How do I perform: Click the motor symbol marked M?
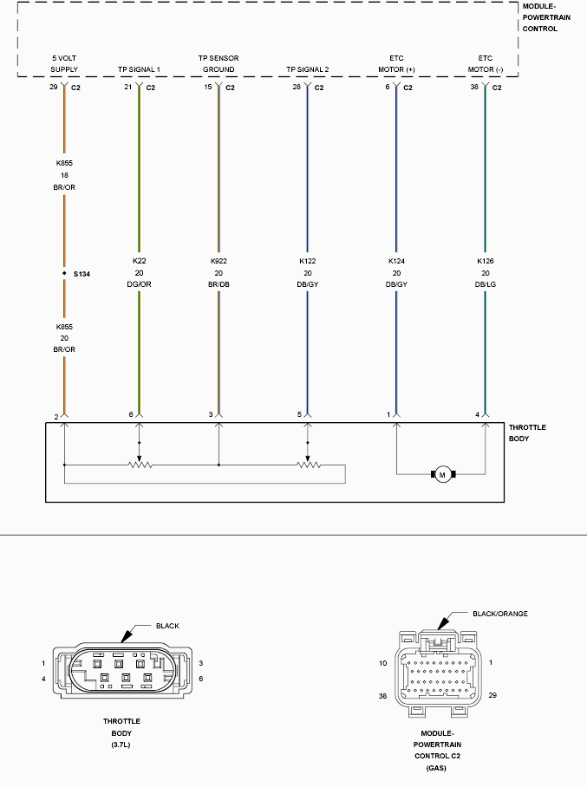click(442, 474)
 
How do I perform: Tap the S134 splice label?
click(82, 274)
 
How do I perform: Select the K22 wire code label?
click(139, 261)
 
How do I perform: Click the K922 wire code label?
click(218, 261)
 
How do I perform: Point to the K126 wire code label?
click(485, 261)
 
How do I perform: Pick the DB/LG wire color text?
click(485, 284)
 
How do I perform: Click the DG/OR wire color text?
click(139, 284)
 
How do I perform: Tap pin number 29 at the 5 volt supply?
click(53, 87)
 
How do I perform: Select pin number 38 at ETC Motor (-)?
click(474, 87)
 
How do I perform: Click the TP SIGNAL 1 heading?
click(139, 69)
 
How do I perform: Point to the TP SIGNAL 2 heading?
click(307, 69)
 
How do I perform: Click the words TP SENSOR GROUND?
click(218, 64)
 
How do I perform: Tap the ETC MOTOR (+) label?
click(396, 64)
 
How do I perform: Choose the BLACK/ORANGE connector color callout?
click(500, 614)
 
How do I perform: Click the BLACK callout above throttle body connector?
click(167, 626)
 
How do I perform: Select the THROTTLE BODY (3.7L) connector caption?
click(121, 732)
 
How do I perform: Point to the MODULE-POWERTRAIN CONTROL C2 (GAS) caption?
click(437, 751)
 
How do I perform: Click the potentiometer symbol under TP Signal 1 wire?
click(140, 465)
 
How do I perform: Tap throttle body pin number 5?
click(299, 414)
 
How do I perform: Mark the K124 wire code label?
click(396, 261)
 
